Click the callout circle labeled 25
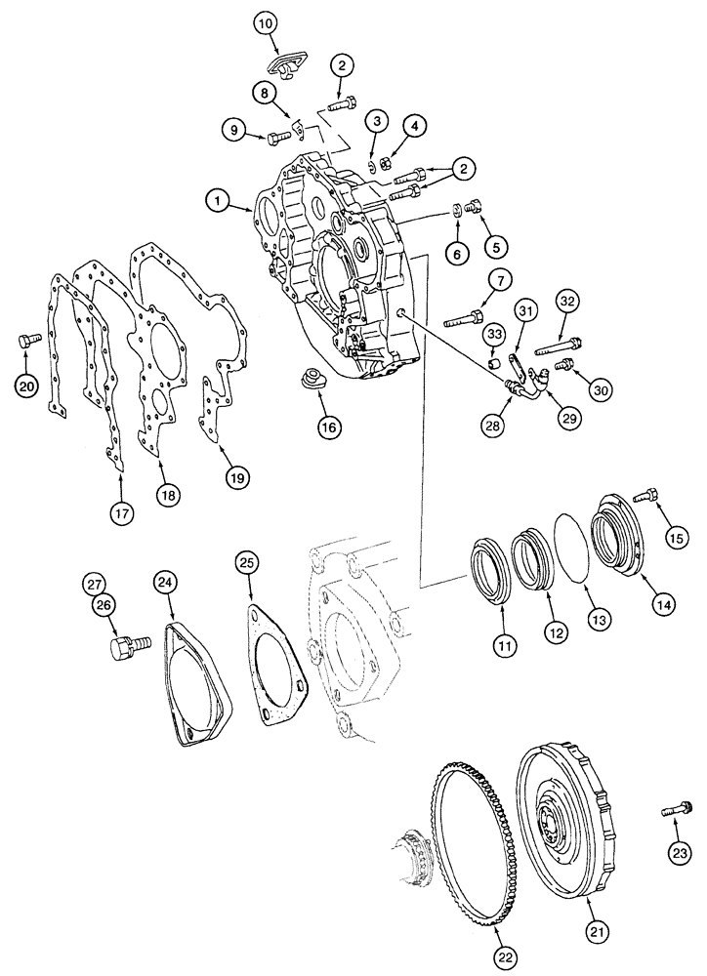click(248, 562)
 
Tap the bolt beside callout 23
click(676, 808)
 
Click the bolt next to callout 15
click(649, 498)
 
